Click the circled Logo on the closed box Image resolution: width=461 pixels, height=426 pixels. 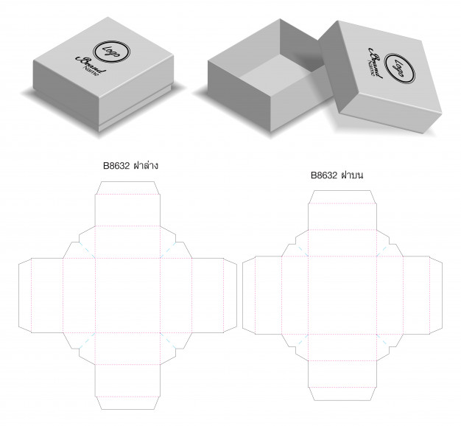(111, 52)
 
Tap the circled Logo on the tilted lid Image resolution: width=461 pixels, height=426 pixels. (400, 69)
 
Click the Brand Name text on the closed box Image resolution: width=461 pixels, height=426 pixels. (91, 66)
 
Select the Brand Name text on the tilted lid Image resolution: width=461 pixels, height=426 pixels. (375, 63)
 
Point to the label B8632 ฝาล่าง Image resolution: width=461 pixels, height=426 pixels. (130, 165)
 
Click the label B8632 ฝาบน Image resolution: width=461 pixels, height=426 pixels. (337, 175)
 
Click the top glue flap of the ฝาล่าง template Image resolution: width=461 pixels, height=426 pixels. (127, 188)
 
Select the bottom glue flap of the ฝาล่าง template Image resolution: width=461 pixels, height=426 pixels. (127, 402)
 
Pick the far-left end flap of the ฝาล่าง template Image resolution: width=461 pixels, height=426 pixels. (25, 296)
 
